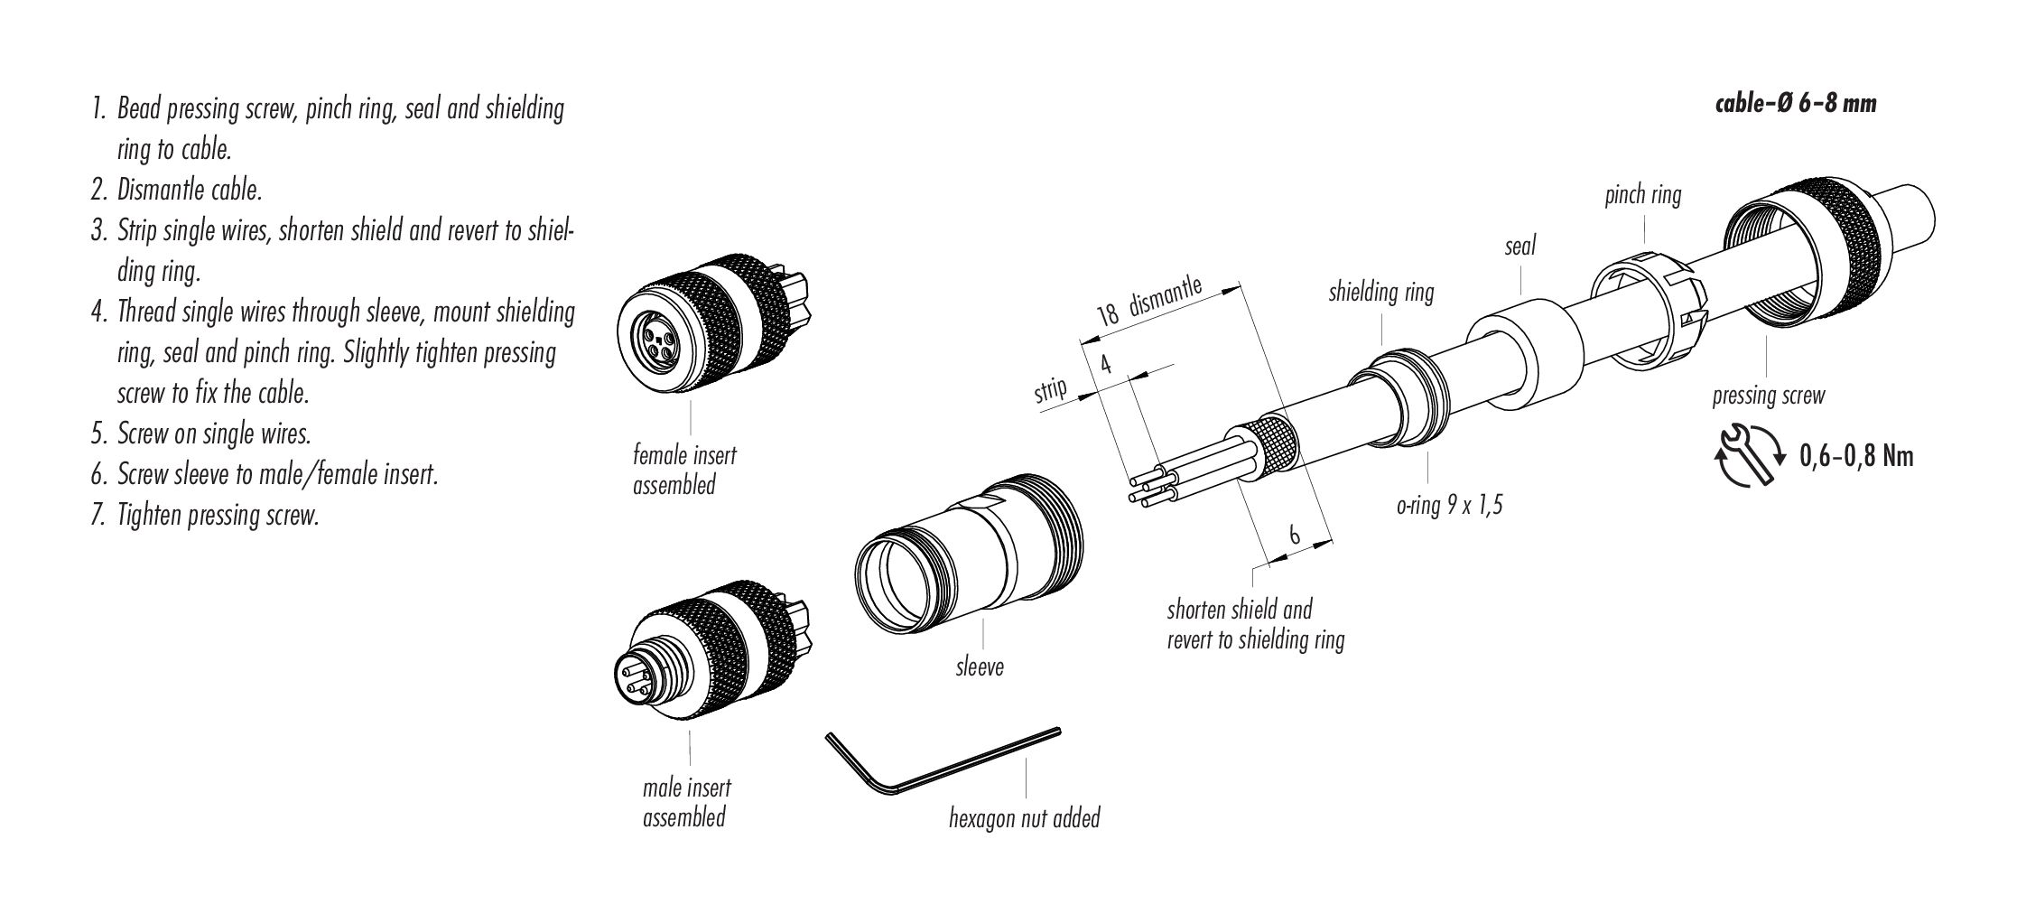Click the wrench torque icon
(x=1745, y=456)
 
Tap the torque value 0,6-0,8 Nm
(x=1856, y=456)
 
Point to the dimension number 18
(x=1108, y=312)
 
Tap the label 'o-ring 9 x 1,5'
(x=1449, y=506)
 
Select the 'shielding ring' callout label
(x=1380, y=293)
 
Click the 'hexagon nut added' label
(x=1024, y=818)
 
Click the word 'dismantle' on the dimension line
(x=1166, y=297)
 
